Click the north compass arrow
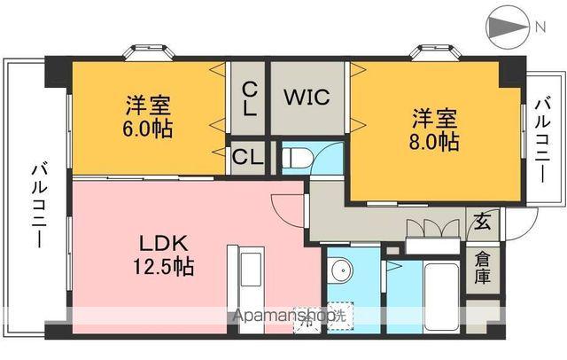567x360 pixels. point(504,27)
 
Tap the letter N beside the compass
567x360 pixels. point(540,27)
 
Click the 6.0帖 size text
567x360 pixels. point(148,129)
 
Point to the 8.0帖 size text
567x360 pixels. point(435,141)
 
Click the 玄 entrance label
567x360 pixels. point(481,221)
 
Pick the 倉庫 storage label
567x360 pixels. point(482,269)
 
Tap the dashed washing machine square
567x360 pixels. point(337,315)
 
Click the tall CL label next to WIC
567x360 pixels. point(249,99)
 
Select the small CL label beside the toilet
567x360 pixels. point(247,159)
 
